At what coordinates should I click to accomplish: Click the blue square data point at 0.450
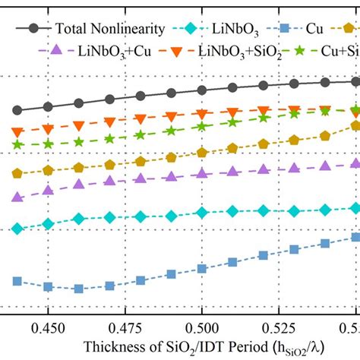pos(48,286)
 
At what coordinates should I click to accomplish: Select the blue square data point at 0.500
pos(201,269)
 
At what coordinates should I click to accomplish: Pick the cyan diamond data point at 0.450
pos(48,224)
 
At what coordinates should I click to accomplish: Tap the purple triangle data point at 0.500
pos(201,174)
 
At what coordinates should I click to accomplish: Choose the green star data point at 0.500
pos(201,128)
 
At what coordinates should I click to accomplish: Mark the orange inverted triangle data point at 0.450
pos(48,128)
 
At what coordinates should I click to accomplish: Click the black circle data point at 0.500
pos(201,90)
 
